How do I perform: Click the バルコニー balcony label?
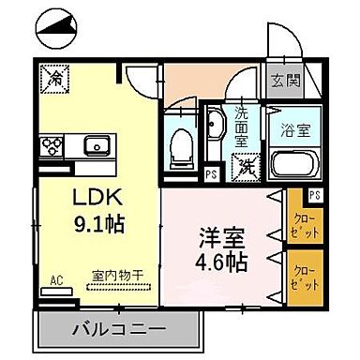(118, 328)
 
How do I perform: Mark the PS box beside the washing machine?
(211, 173)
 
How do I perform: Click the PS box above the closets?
(313, 195)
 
